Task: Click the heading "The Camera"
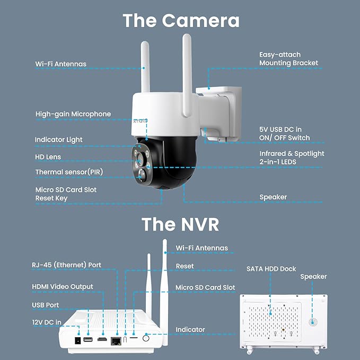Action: [181, 20]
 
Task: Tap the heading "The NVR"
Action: [180, 224]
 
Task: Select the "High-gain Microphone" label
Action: [73, 114]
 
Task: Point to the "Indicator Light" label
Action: [58, 140]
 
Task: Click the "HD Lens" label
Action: [48, 157]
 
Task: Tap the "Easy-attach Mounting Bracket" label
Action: [288, 59]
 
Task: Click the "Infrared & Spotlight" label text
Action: [292, 154]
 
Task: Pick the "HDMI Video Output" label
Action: [62, 287]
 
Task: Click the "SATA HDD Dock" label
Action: [271, 269]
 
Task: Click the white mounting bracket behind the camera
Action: [218, 111]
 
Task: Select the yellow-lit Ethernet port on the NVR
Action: [115, 340]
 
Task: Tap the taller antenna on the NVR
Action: [165, 281]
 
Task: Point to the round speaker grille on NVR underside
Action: [312, 321]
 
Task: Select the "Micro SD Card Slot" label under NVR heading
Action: [205, 287]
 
